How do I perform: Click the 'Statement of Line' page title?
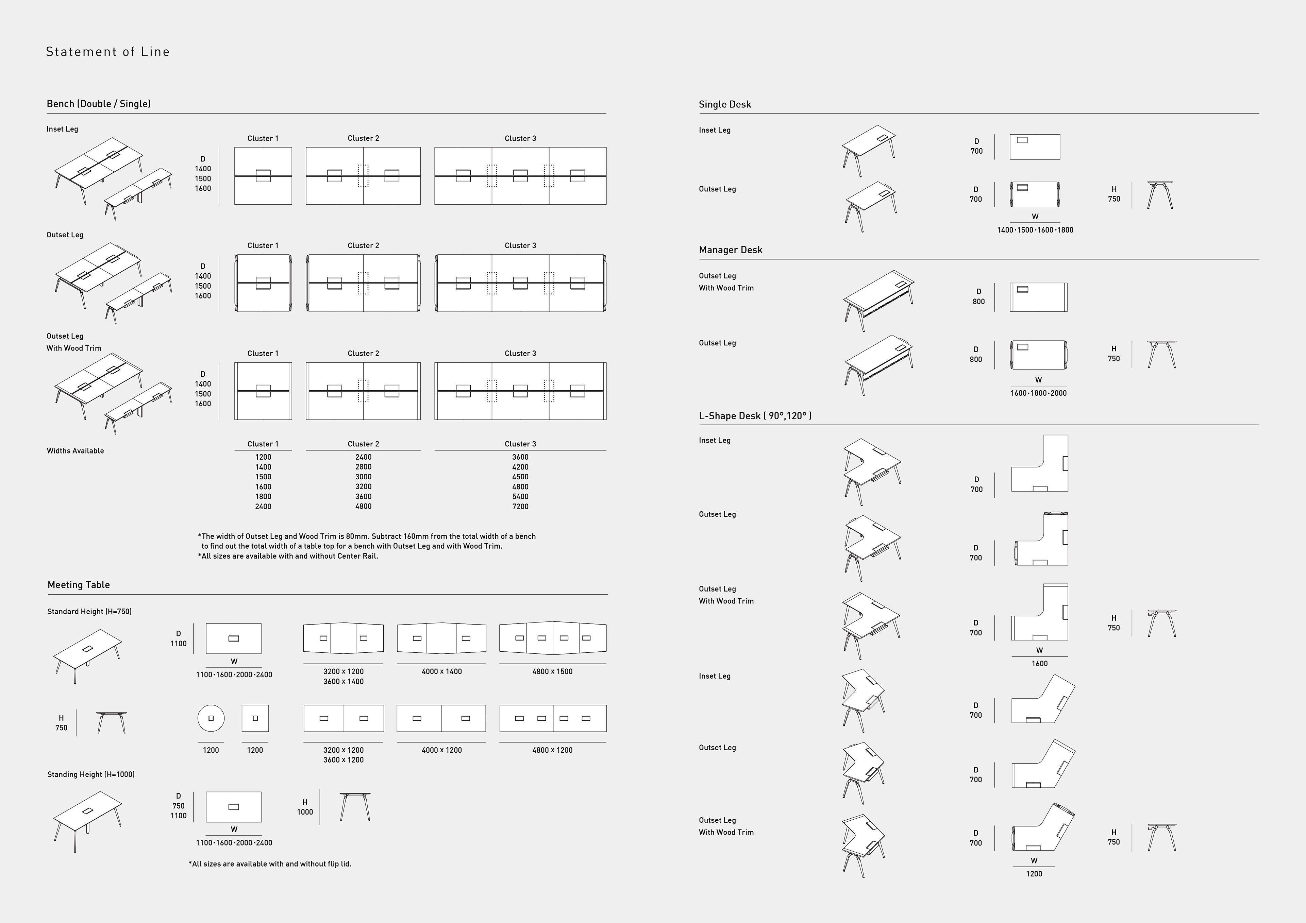107,52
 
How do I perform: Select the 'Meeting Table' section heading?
79,585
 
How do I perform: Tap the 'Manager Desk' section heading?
730,250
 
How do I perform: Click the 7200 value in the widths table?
520,506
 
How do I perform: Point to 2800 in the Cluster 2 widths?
363,467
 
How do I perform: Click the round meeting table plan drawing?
211,718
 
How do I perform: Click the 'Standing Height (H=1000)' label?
91,774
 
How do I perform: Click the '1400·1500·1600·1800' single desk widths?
1035,230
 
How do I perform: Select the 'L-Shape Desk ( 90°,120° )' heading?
755,416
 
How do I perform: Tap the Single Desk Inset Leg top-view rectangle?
1034,147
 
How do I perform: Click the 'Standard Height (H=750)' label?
89,611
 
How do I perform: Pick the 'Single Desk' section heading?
725,104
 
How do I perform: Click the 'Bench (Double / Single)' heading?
98,103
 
